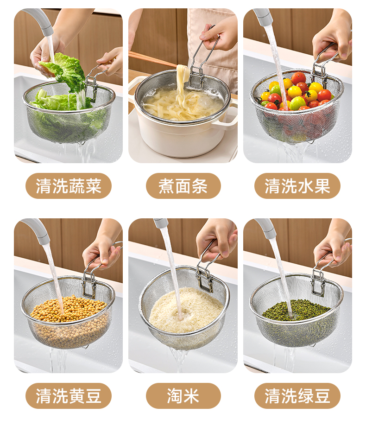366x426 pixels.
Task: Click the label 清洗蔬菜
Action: pos(69,186)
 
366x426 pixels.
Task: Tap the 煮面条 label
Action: pos(183,186)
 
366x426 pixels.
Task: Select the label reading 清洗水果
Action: pos(297,186)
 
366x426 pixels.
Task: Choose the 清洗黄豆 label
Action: pos(69,396)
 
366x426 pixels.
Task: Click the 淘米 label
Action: pos(183,396)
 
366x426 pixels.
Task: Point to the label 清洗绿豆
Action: pos(297,396)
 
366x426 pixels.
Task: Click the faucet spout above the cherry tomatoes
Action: pos(263,17)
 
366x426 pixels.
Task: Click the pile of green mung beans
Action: pos(296,311)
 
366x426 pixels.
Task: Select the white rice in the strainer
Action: pos(186,310)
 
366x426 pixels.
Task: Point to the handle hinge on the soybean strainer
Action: pos(89,285)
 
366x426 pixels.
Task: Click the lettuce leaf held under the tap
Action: pos(65,69)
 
